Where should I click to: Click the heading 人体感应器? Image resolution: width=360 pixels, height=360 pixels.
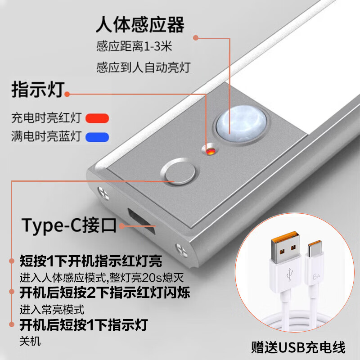click(x=140, y=24)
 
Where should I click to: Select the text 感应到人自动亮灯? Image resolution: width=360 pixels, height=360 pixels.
click(x=144, y=68)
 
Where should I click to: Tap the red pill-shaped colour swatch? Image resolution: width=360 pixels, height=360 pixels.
click(x=98, y=118)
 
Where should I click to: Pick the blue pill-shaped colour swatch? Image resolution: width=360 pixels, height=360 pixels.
click(x=98, y=136)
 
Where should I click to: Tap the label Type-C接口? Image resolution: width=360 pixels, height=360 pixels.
click(x=69, y=225)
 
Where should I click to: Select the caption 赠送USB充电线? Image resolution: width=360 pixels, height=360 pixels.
click(x=298, y=347)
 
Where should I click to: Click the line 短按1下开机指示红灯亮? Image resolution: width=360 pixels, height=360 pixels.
click(x=91, y=261)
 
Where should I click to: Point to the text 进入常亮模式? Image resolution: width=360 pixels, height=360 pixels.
click(x=52, y=310)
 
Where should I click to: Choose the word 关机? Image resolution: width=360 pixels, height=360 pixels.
click(x=30, y=341)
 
